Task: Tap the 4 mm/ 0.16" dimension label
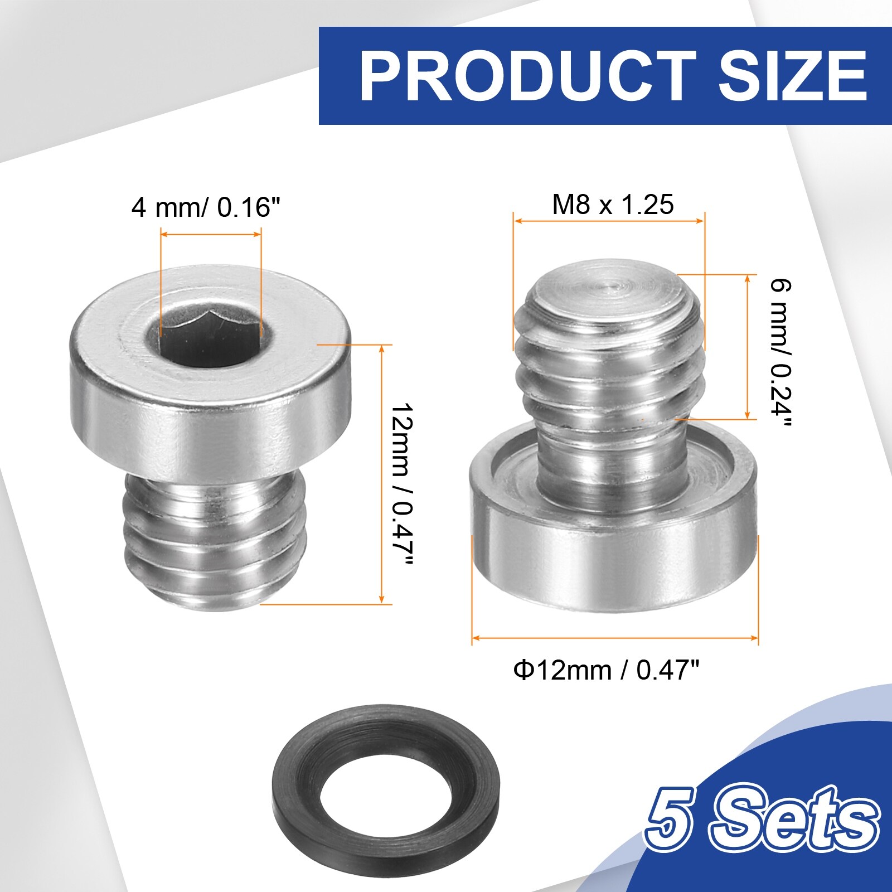click(205, 207)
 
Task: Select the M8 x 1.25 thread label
click(613, 204)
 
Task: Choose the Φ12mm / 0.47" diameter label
click(606, 669)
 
